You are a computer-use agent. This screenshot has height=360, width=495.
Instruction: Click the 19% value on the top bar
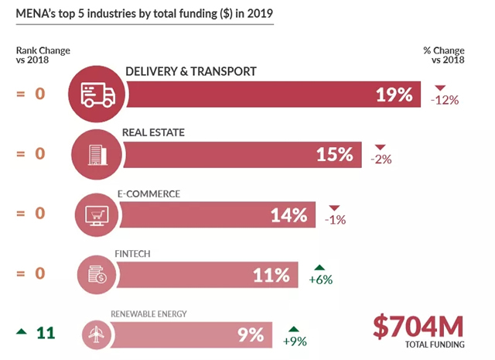[x=394, y=95]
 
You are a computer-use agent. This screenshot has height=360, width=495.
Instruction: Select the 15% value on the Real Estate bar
[x=334, y=155]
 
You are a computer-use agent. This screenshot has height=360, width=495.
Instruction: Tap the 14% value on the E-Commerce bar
[x=289, y=214]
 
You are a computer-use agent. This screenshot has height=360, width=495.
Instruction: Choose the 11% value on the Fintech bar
[x=271, y=274]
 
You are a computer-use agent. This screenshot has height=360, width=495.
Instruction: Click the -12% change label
[x=445, y=100]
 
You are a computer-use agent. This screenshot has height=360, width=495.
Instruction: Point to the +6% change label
[x=320, y=279]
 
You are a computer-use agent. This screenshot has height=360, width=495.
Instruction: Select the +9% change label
[x=295, y=340]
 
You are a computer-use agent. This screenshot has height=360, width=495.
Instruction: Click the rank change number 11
[x=46, y=333]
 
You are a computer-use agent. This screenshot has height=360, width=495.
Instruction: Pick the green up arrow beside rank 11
[x=21, y=333]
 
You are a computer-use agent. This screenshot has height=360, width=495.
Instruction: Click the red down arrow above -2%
[x=380, y=148]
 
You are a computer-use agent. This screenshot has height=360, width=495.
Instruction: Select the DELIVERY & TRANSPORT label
[x=190, y=71]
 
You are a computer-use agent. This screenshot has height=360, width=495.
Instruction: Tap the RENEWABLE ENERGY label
[x=148, y=314]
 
